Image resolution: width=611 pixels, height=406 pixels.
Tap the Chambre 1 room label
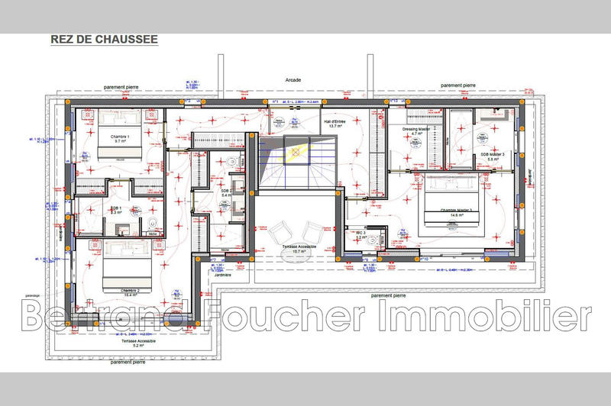pos(118,139)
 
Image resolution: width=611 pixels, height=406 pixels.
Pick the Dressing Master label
pos(417,131)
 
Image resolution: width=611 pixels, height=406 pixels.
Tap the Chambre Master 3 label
pos(455,212)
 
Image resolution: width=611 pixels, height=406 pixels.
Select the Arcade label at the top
pos(293,79)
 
